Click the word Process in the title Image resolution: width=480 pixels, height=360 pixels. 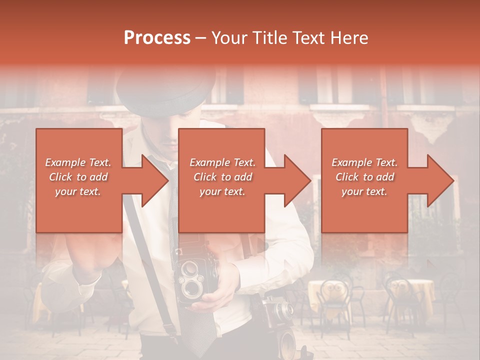coord(157,38)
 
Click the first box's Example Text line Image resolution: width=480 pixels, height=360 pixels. coord(78,162)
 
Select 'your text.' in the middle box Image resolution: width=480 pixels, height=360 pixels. coord(222,191)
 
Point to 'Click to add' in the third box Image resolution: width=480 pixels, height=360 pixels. coord(364,177)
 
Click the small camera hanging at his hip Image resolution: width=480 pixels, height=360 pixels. coord(272,312)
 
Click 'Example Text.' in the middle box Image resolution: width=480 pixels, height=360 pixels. coord(222,162)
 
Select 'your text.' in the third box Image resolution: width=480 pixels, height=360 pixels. coord(364,191)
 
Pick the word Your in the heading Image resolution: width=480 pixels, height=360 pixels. coord(229,38)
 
